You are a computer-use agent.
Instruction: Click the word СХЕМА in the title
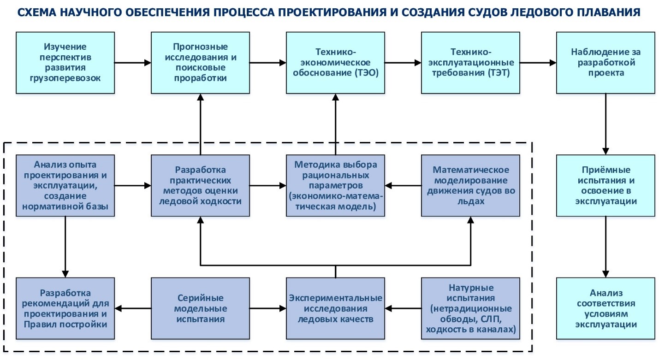tap(37, 12)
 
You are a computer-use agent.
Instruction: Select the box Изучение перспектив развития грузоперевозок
tap(65, 63)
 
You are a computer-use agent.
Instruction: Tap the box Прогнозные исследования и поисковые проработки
tap(200, 63)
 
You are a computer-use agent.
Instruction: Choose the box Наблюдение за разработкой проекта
tap(606, 63)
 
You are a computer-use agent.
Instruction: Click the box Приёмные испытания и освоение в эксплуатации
tap(606, 186)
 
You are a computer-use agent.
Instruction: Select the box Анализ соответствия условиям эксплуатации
tap(606, 308)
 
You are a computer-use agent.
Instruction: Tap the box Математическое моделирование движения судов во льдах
tap(471, 186)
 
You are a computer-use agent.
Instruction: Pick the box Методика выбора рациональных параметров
tap(335, 186)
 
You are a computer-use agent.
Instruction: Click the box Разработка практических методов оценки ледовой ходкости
tap(200, 186)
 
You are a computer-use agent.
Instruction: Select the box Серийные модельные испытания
tap(200, 308)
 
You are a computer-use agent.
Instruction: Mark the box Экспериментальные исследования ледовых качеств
tap(335, 308)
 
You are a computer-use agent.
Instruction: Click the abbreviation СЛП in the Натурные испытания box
tap(491, 319)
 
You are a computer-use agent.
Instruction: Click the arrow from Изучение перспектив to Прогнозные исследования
tap(133, 63)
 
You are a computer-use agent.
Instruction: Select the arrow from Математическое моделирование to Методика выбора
tap(403, 186)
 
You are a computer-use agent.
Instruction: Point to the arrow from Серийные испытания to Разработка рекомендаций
tap(133, 308)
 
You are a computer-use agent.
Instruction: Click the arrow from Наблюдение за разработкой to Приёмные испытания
tap(606, 124)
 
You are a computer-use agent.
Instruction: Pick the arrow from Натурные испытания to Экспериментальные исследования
tap(403, 308)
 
